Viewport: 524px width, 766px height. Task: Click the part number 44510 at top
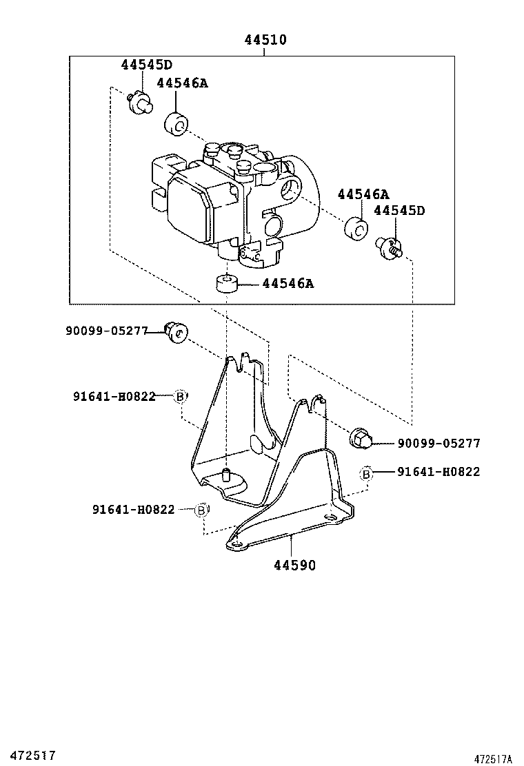(x=265, y=41)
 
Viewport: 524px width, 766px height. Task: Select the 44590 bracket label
(x=294, y=566)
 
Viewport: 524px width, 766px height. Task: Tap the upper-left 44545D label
(x=146, y=65)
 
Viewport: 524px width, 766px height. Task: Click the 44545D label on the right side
(x=399, y=211)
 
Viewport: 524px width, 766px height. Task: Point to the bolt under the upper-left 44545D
(x=140, y=104)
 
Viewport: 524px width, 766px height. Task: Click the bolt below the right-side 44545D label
(x=390, y=247)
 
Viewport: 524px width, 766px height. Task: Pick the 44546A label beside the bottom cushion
(x=288, y=283)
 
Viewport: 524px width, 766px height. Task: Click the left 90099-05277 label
(x=107, y=331)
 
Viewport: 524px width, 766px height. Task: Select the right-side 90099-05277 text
(x=439, y=444)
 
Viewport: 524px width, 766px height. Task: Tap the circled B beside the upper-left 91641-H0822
(x=180, y=396)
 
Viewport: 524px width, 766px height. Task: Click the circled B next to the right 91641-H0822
(x=367, y=473)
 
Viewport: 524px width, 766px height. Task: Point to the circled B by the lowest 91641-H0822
(x=201, y=510)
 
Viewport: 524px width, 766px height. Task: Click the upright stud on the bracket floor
(x=225, y=474)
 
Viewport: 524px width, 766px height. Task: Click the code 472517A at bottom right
(x=493, y=758)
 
